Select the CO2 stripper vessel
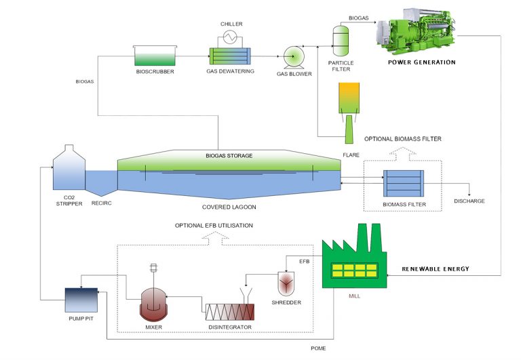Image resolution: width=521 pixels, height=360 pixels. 69,169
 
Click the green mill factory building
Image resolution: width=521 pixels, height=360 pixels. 353,268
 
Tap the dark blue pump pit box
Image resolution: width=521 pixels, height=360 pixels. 81,298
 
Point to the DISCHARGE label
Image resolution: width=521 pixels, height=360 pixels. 469,201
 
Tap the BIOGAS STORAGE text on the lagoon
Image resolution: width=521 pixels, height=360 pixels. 229,156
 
